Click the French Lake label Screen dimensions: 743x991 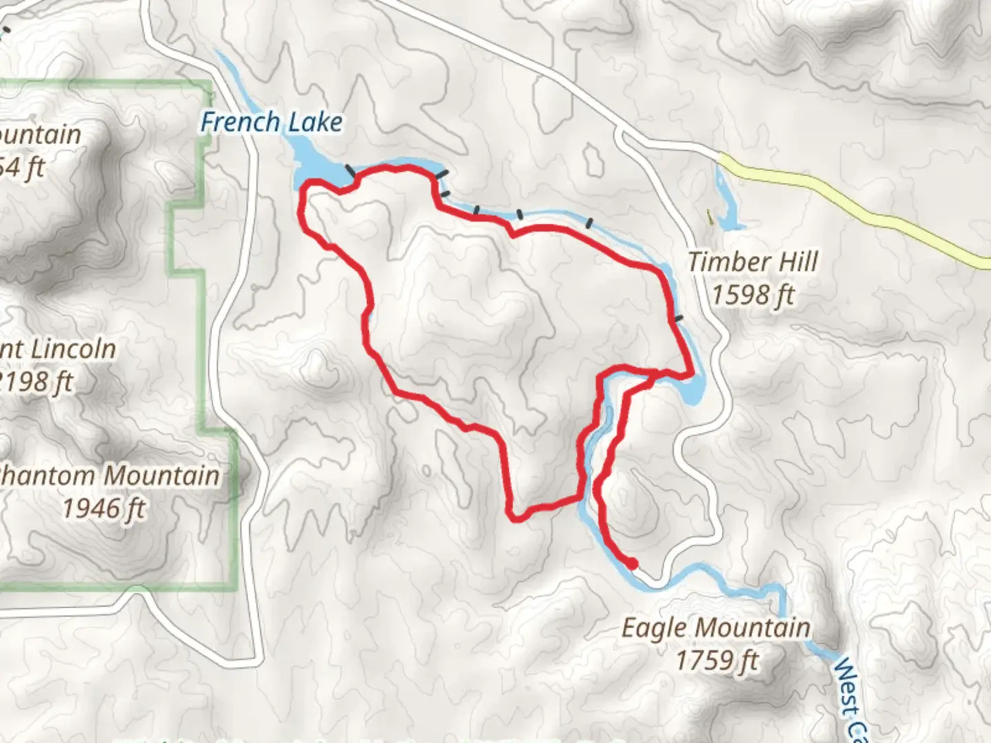[271, 122]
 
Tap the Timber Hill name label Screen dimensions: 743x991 [753, 262]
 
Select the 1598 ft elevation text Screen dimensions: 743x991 [752, 295]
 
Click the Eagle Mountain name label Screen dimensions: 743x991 [716, 628]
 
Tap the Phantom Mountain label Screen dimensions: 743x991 [110, 475]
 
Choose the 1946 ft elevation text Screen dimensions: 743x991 [104, 509]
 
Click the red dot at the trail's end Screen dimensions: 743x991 [631, 564]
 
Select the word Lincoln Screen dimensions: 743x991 [73, 349]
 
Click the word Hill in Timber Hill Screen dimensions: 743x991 [797, 262]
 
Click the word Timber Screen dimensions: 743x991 [729, 262]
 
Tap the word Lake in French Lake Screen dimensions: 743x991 [317, 122]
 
